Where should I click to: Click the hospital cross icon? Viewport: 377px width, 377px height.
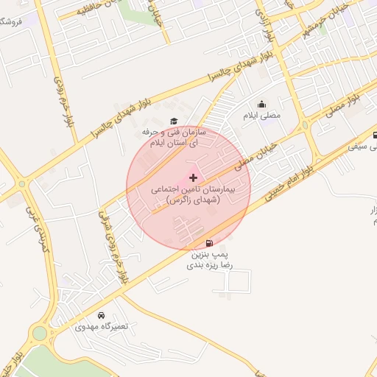[x=194, y=177]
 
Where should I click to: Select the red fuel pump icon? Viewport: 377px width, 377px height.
[x=210, y=243]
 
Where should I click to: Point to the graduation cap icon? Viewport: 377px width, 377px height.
[x=174, y=121]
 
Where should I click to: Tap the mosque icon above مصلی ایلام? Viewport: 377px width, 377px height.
[x=261, y=105]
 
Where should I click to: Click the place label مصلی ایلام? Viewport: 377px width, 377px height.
[x=261, y=116]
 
